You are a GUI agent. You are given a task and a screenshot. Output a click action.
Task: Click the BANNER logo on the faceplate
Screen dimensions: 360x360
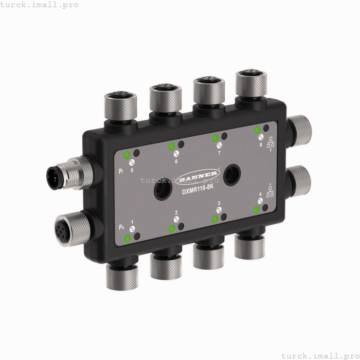click(197, 178)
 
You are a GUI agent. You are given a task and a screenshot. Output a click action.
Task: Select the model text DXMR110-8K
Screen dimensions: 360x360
click(197, 191)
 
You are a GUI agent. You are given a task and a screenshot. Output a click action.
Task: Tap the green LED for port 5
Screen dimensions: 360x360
click(127, 154)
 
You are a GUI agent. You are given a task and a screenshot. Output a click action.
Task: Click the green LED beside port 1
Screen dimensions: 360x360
click(127, 238)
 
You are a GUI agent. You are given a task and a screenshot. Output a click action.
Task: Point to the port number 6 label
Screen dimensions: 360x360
click(176, 161)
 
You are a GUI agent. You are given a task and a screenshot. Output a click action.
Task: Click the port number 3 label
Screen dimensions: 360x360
click(219, 204)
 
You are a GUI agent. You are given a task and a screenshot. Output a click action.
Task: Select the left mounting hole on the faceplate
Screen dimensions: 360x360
click(160, 191)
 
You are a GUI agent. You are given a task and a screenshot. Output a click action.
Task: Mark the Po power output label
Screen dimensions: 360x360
click(121, 227)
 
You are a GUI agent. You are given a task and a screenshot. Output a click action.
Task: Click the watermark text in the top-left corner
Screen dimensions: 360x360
click(40, 5)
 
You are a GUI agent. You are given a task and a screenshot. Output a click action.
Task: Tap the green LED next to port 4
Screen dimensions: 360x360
click(256, 209)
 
